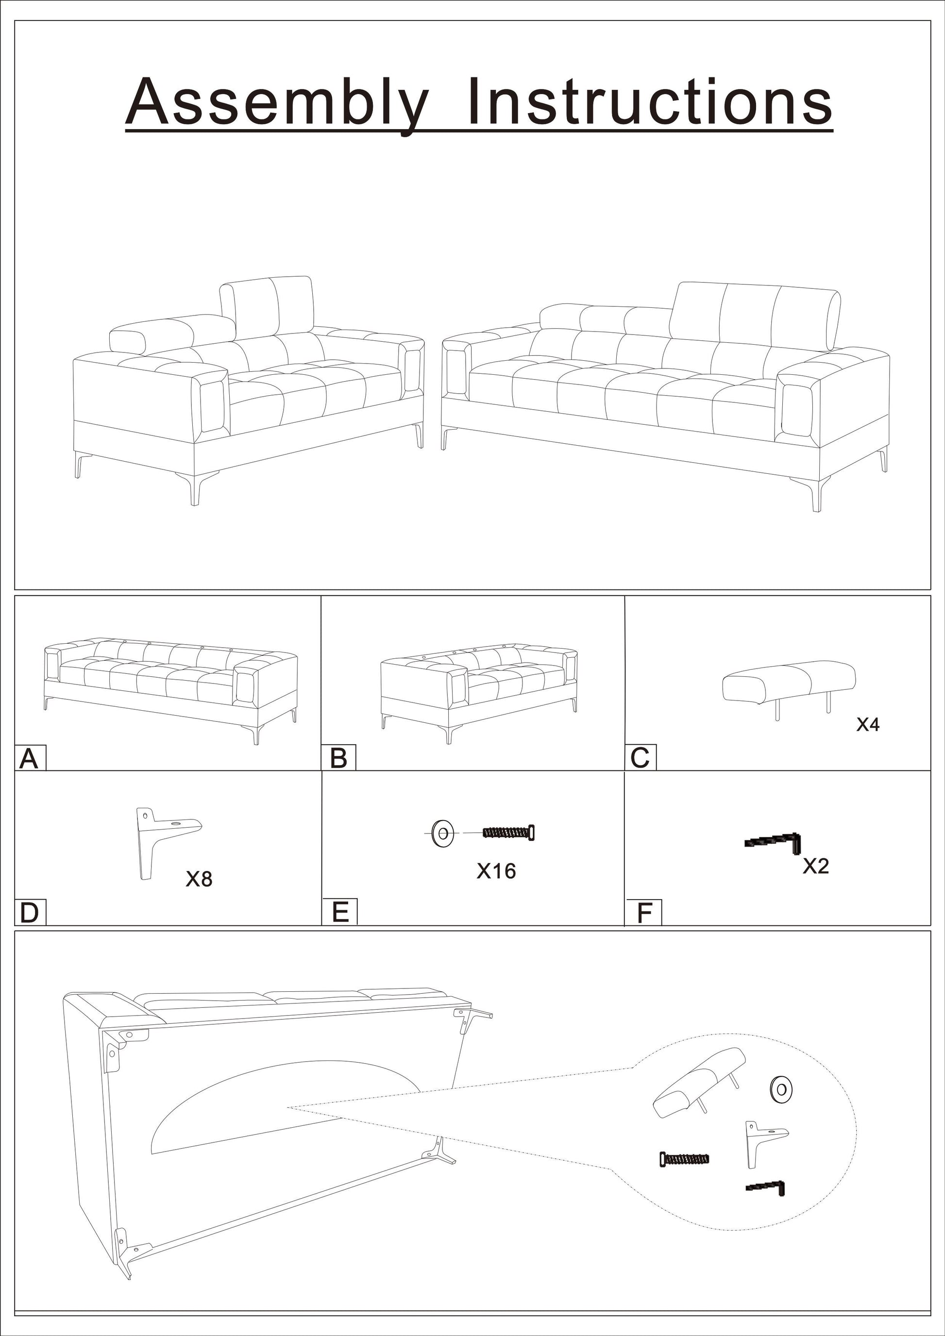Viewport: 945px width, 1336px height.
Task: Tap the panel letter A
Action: coord(29,759)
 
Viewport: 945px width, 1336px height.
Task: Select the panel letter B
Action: coord(338,759)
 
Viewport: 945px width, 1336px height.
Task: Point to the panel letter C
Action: coord(640,759)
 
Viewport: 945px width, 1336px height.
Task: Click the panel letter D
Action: coord(29,914)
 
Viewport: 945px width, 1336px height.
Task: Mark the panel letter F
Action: coord(643,914)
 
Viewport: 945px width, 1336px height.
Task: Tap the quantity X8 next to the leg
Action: coord(199,879)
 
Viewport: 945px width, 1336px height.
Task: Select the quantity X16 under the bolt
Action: coord(496,871)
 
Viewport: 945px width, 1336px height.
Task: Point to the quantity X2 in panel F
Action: coord(815,867)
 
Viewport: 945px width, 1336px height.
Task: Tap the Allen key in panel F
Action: coord(774,841)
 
